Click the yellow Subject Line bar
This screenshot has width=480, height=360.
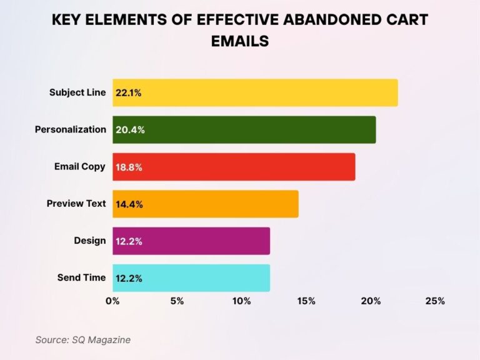(255, 92)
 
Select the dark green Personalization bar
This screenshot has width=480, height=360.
(244, 129)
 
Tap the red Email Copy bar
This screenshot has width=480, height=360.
(234, 167)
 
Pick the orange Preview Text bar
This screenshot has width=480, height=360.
(206, 204)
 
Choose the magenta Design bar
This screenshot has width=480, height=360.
(191, 241)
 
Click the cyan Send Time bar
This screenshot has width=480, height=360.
(191, 278)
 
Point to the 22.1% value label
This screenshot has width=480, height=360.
(129, 92)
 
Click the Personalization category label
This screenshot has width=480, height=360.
(70, 129)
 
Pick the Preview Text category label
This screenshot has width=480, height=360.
(76, 204)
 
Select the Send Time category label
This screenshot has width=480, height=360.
(81, 277)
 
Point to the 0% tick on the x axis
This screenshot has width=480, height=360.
(112, 301)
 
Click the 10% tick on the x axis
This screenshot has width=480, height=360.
(241, 301)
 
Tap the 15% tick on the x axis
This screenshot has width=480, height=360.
(306, 301)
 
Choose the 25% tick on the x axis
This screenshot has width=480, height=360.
(435, 301)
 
